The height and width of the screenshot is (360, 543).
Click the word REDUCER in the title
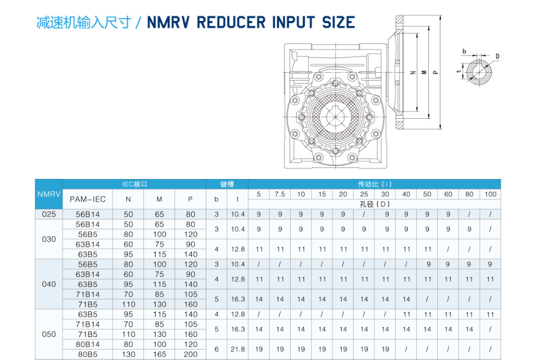click(x=231, y=22)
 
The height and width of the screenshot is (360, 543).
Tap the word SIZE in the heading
click(x=338, y=22)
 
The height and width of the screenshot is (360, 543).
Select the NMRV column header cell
click(x=49, y=194)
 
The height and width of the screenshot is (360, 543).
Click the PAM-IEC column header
click(x=87, y=199)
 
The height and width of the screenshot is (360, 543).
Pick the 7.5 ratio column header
click(x=280, y=194)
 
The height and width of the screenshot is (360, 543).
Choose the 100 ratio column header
click(x=490, y=194)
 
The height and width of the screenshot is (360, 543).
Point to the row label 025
click(x=49, y=214)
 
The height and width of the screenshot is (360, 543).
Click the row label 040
click(x=49, y=284)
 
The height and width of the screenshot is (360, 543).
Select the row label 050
click(x=49, y=334)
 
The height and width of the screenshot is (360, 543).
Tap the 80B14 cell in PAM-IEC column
click(x=87, y=344)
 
